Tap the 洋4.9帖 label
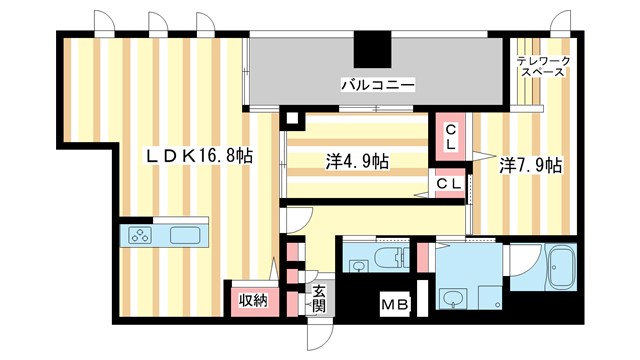pyautogui.click(x=356, y=162)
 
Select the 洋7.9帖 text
pyautogui.click(x=530, y=164)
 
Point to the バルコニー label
pyautogui.click(x=377, y=85)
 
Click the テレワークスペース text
pyautogui.click(x=543, y=68)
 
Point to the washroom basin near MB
pyautogui.click(x=453, y=299)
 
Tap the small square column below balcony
pyautogui.click(x=291, y=119)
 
